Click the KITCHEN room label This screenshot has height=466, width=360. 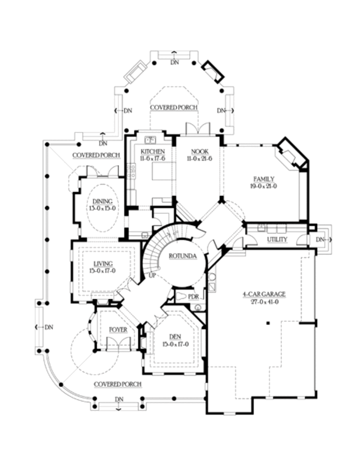tap(153, 152)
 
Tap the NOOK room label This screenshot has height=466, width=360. tap(199, 152)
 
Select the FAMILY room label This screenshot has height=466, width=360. tap(264, 179)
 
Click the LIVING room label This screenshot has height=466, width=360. tap(102, 264)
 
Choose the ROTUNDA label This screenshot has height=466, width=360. tap(182, 256)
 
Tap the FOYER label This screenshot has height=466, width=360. tap(118, 329)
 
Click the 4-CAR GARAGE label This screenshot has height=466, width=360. tap(264, 295)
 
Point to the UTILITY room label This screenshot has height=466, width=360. tap(277, 240)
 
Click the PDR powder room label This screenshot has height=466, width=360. tap(193, 296)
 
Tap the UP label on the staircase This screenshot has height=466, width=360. tap(152, 275)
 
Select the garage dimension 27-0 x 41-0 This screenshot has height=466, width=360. tap(264, 302)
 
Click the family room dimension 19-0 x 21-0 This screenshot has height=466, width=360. tap(264, 186)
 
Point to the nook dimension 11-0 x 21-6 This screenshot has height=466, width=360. tap(199, 159)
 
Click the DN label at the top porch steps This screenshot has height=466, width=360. tap(175, 62)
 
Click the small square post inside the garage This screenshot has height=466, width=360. tap(268, 322)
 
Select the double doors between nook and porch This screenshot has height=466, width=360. tap(198, 129)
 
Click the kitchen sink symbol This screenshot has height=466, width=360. tap(150, 139)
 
